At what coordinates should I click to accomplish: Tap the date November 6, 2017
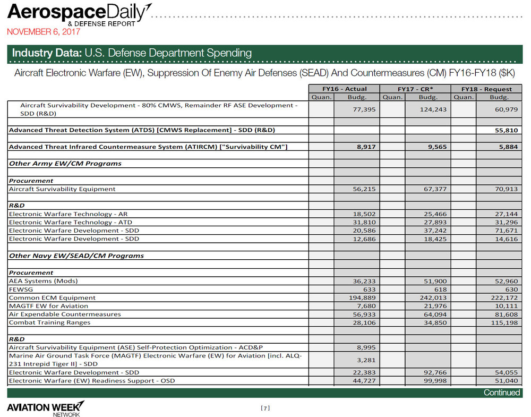tap(43, 32)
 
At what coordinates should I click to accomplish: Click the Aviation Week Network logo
tap(45, 409)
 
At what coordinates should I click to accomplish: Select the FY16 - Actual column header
tap(345, 89)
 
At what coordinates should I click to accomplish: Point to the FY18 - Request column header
tap(486, 89)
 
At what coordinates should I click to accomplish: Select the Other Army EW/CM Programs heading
tap(65, 164)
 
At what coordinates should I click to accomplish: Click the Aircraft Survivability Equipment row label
tap(62, 189)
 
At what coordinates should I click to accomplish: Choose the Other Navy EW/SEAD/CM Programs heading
tap(76, 256)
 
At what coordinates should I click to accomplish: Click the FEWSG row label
tap(20, 289)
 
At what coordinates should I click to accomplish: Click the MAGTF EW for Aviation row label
tap(49, 306)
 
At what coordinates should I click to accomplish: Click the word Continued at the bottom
tap(501, 393)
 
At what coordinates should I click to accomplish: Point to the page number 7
tap(265, 408)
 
